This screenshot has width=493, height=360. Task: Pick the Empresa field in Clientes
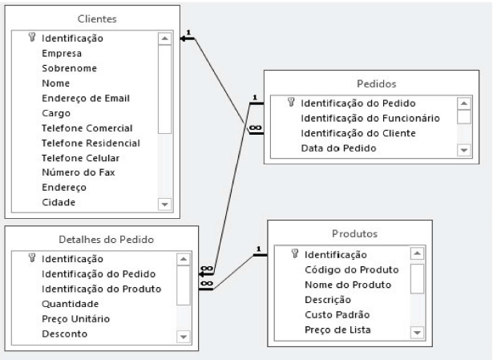point(62,52)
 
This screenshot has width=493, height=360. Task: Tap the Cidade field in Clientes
point(59,202)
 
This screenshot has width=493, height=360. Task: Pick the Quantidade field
point(71,304)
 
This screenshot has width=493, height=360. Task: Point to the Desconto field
point(65,334)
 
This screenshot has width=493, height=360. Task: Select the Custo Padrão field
point(337,315)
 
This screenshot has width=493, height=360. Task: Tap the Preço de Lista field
point(340,330)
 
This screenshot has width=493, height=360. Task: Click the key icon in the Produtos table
point(295,254)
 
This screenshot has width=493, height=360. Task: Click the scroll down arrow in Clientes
point(164,204)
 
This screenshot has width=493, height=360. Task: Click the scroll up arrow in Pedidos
point(463,103)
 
